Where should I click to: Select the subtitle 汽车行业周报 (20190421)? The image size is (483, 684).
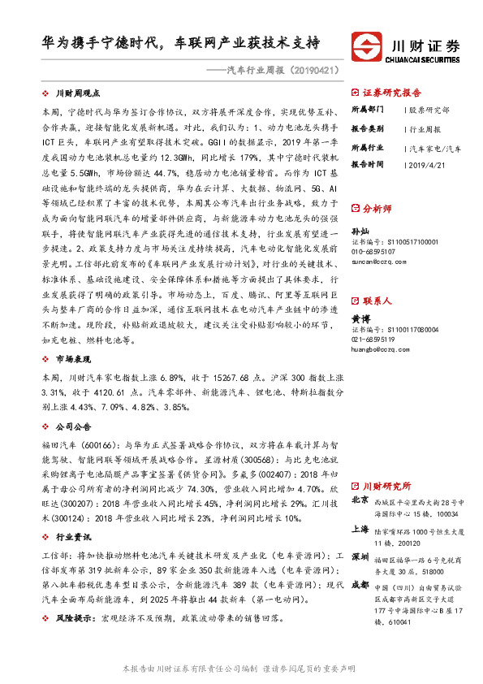(x=282, y=71)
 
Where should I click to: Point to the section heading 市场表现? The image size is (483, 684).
(x=72, y=358)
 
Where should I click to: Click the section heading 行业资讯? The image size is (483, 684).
(x=72, y=537)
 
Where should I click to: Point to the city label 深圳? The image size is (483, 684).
(x=360, y=559)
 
